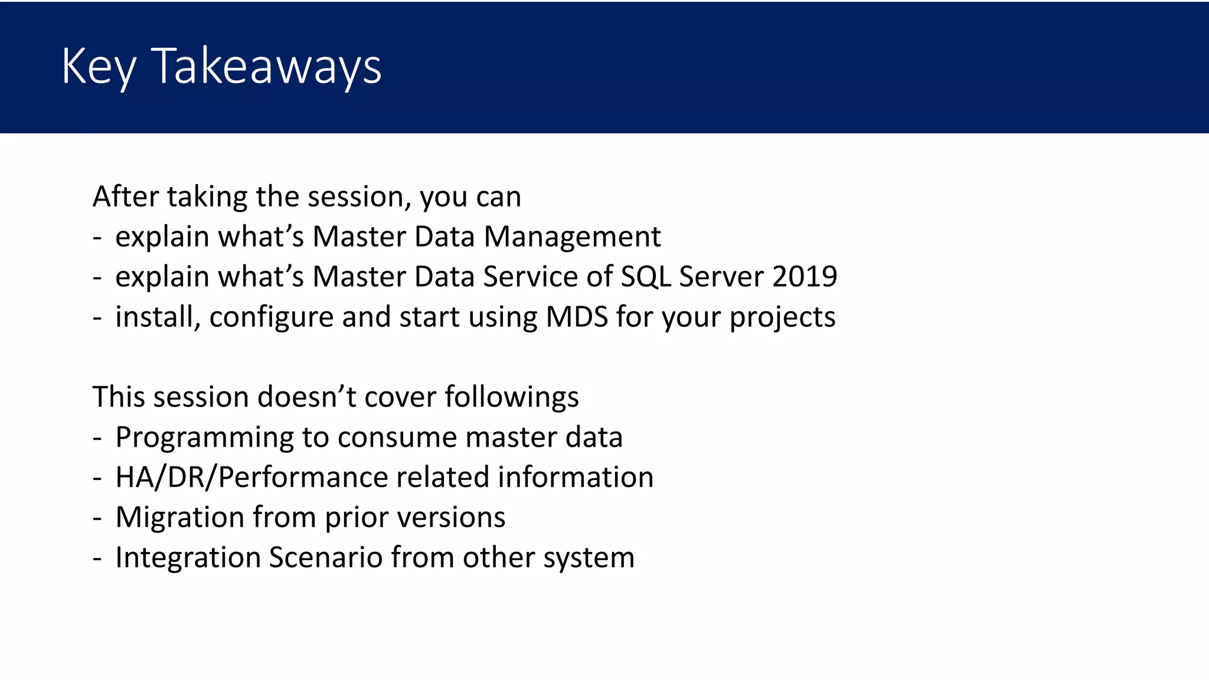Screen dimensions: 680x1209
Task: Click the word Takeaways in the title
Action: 267,66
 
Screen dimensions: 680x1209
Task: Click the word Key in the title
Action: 99,66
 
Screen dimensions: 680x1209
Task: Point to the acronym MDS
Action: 577,317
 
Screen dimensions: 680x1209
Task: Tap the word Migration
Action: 179,517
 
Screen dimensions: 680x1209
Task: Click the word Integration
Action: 188,557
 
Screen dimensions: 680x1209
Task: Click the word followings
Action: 511,397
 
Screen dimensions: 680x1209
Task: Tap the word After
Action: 125,196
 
